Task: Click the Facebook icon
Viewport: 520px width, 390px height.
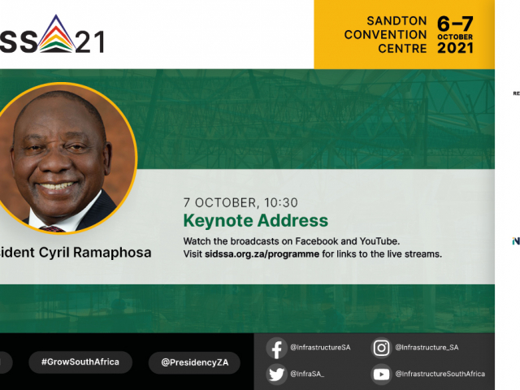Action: click(277, 348)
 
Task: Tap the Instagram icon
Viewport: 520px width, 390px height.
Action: click(381, 348)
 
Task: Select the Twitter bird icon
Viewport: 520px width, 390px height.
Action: click(277, 374)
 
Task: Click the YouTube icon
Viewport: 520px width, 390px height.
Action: click(381, 374)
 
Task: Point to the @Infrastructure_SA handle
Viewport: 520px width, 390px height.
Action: click(427, 348)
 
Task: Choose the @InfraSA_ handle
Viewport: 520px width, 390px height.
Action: click(307, 374)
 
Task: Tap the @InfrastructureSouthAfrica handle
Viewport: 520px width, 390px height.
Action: click(440, 374)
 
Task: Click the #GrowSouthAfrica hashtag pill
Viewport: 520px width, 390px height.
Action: click(74, 362)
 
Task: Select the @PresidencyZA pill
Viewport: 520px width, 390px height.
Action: click(194, 362)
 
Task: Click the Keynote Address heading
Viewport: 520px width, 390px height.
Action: click(255, 220)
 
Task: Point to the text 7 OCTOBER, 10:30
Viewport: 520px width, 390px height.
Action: click(240, 203)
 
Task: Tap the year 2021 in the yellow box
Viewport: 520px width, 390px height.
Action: click(477, 48)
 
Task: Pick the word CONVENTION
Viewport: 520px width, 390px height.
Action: click(385, 35)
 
